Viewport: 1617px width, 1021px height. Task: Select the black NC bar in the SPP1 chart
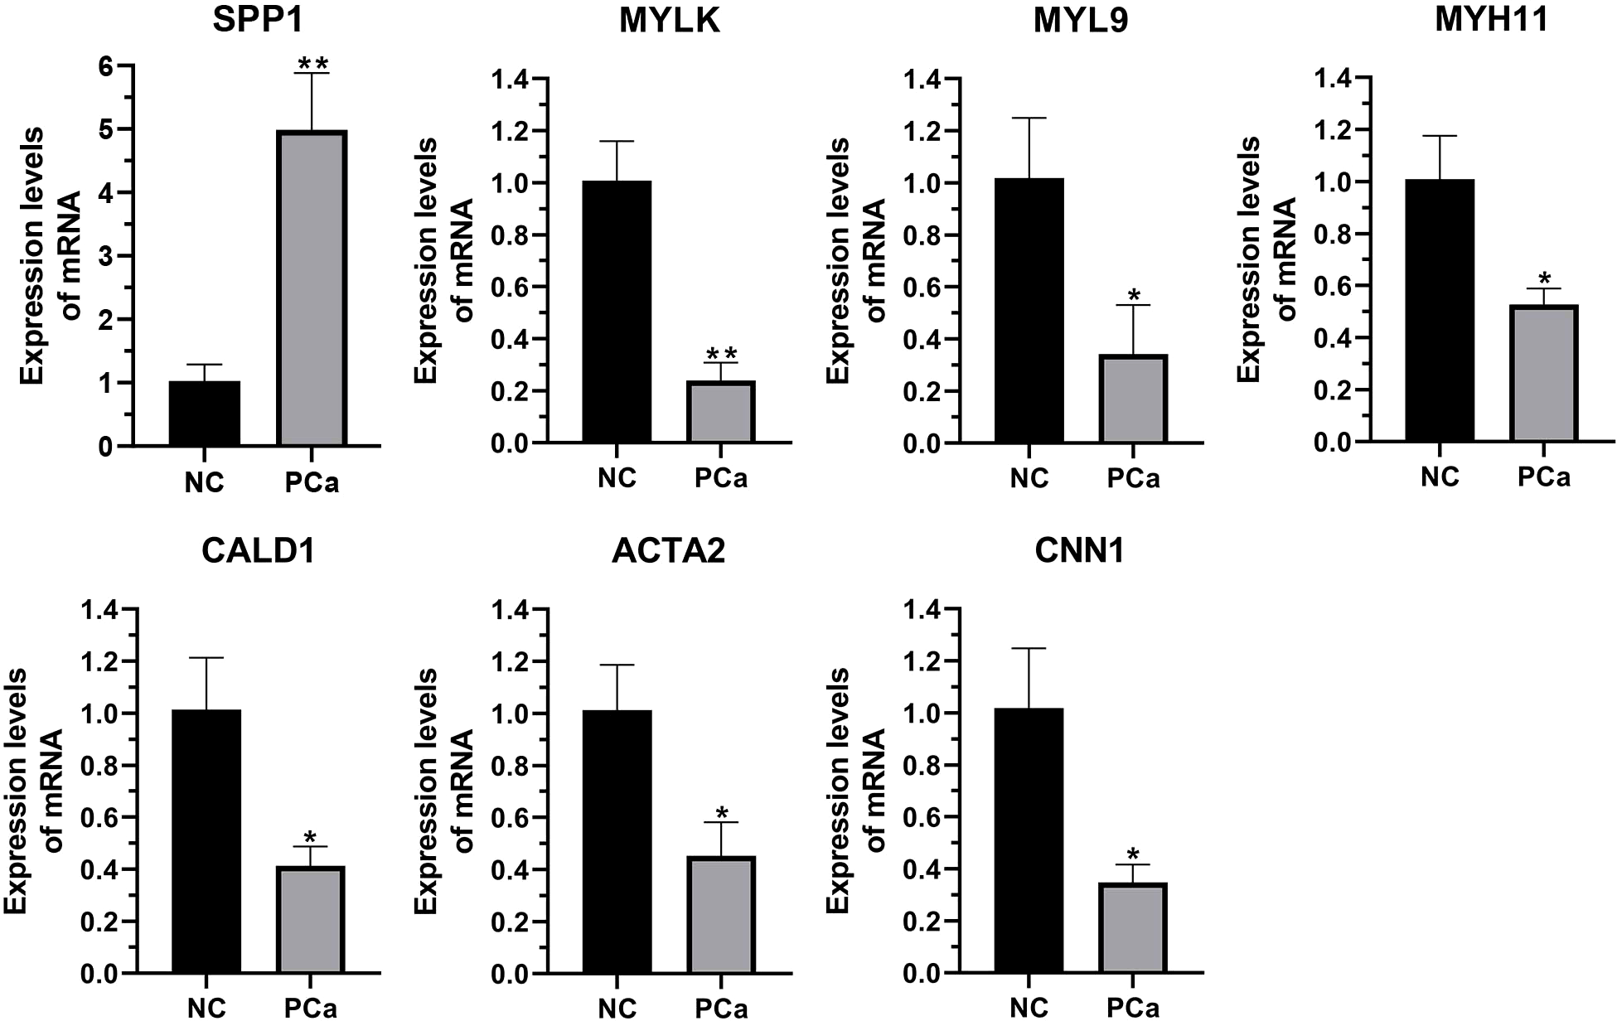[x=205, y=414]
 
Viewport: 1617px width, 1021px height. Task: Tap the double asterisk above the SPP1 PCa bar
[x=312, y=63]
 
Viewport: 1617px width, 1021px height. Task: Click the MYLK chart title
[x=670, y=21]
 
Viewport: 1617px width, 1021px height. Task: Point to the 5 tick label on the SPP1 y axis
[x=105, y=129]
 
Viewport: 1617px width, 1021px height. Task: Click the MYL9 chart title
[x=1080, y=21]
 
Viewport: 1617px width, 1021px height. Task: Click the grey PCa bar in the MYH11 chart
[x=1544, y=373]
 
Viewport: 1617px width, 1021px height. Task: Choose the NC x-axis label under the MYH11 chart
[x=1440, y=477]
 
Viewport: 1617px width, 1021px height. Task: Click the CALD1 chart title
[x=259, y=551]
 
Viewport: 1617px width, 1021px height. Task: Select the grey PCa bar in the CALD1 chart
[x=312, y=920]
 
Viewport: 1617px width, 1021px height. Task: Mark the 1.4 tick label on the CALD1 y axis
[x=99, y=610]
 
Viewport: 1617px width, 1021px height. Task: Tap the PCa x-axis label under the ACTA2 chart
[x=721, y=1008]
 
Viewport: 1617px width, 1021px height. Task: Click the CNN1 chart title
[x=1080, y=551]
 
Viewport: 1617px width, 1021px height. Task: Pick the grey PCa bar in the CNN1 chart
[x=1134, y=928]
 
